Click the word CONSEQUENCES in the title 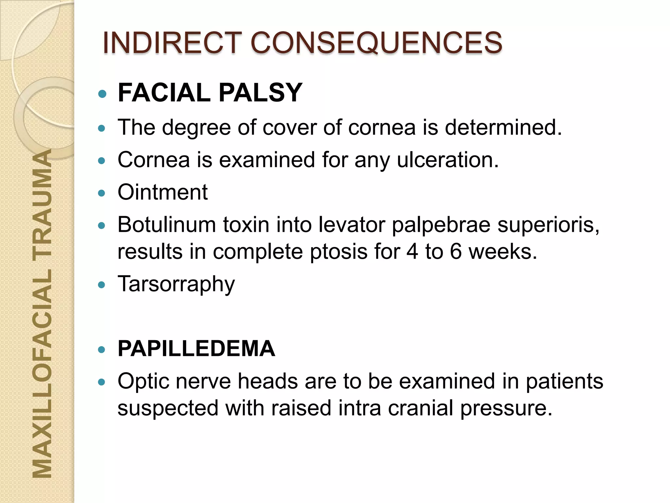(x=376, y=43)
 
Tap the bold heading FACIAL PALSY (x=210, y=93)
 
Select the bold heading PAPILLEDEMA (x=196, y=348)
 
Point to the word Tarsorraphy (x=176, y=284)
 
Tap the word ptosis (x=339, y=252)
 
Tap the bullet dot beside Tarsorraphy (x=102, y=285)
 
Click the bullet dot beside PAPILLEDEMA (x=102, y=350)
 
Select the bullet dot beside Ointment (x=102, y=193)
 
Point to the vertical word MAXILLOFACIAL (x=43, y=373)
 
